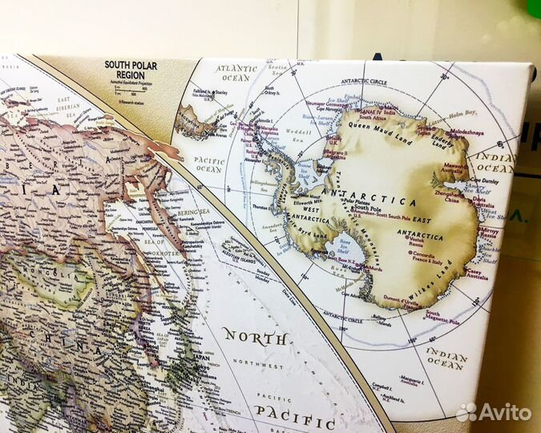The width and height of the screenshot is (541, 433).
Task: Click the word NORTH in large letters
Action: point(255,337)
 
